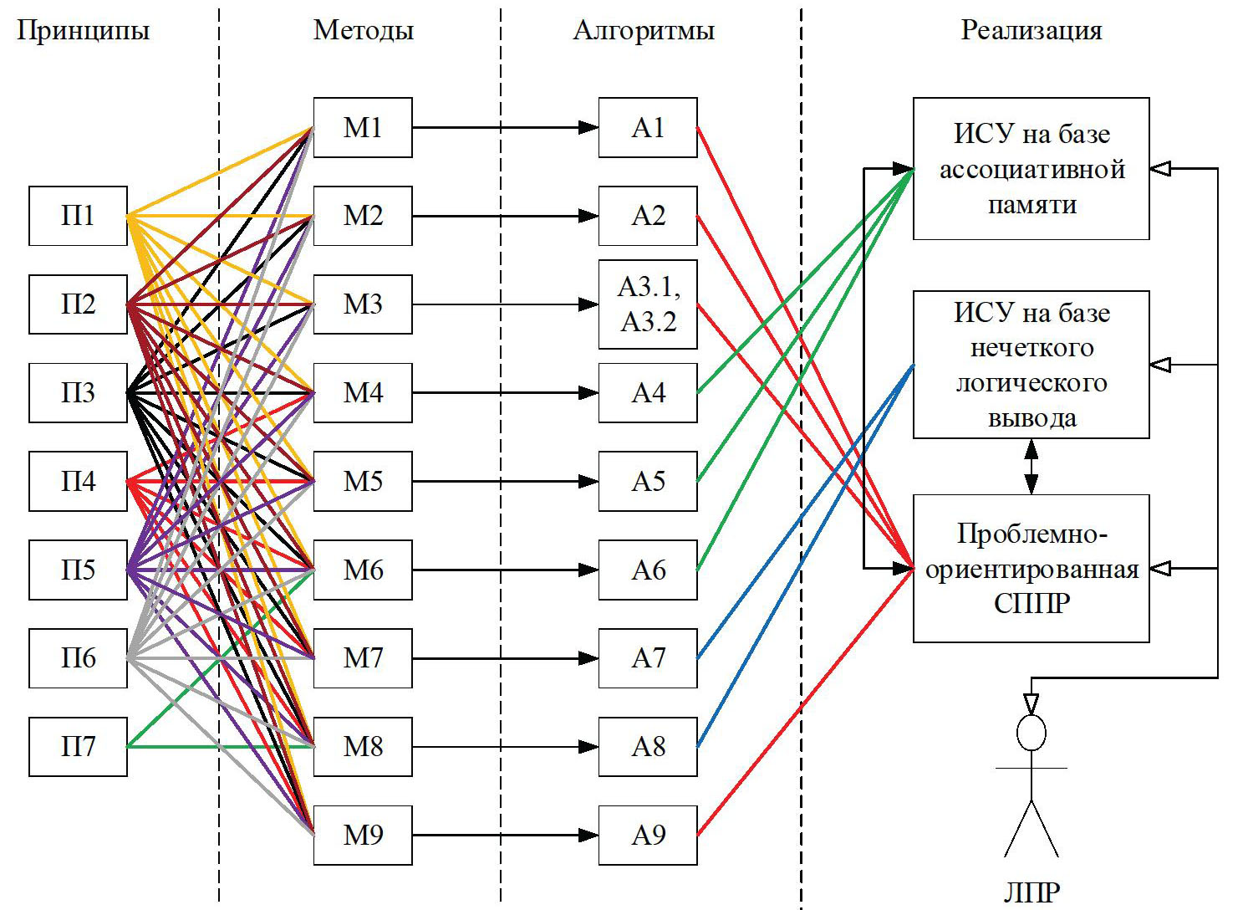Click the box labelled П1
click(x=78, y=216)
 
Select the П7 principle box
click(x=78, y=746)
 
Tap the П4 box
click(x=78, y=481)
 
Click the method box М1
click(x=363, y=127)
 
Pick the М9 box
click(x=363, y=835)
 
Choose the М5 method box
click(x=363, y=481)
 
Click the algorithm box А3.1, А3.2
click(x=648, y=304)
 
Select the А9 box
click(x=648, y=835)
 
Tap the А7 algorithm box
click(x=648, y=658)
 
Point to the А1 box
click(x=648, y=127)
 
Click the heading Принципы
click(x=83, y=31)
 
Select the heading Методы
click(x=364, y=31)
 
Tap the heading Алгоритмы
click(x=644, y=31)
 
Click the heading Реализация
click(x=1031, y=31)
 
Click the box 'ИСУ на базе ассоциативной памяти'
click(x=1031, y=169)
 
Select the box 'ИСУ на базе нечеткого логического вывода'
click(x=1031, y=365)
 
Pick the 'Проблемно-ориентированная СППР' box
click(x=1031, y=569)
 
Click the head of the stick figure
click(x=1031, y=734)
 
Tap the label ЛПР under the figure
click(x=1031, y=892)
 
